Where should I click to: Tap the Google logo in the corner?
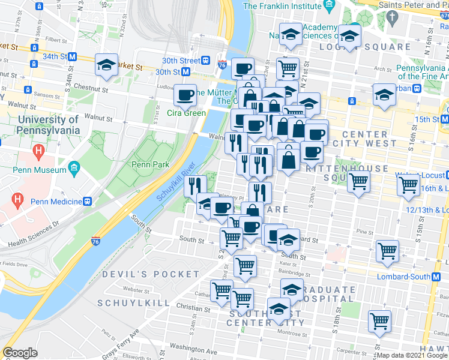coord(20,353)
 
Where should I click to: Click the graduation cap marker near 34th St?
coord(106,64)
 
